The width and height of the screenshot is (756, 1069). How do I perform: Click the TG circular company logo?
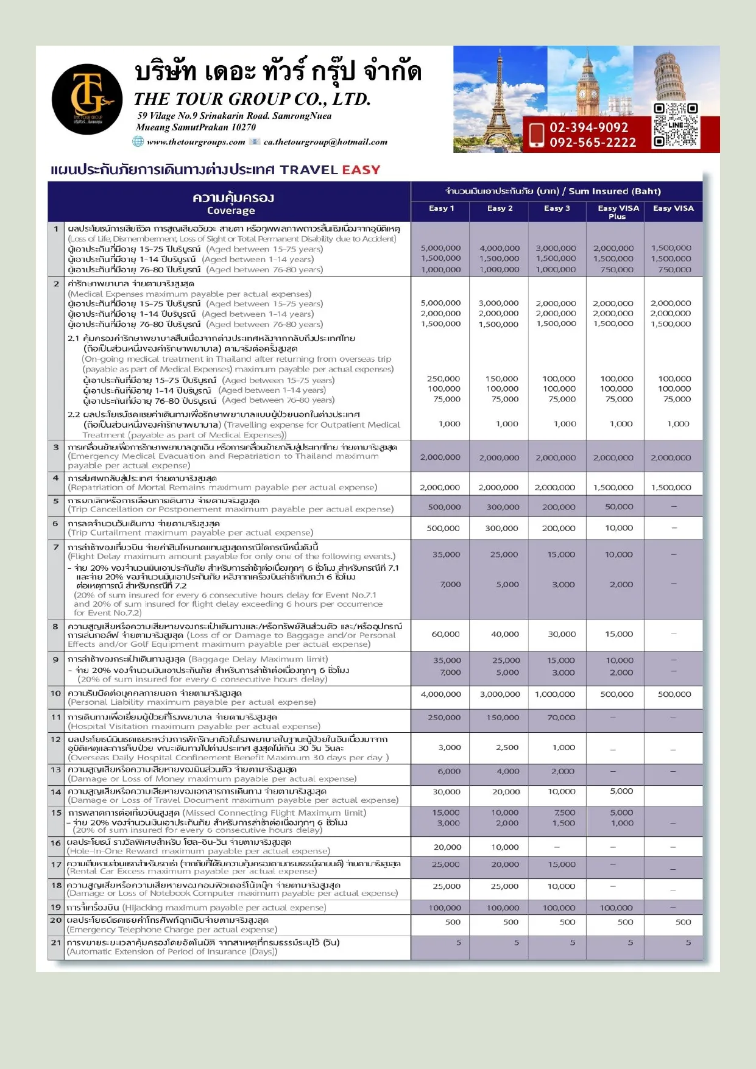(87, 99)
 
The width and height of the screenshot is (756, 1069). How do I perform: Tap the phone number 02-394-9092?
(588, 127)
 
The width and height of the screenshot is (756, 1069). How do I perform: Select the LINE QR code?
(675, 125)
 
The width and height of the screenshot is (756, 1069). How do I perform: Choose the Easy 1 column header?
(441, 208)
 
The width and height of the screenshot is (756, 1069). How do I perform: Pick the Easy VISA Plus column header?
(618, 211)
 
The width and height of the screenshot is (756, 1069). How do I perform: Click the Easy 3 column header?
(557, 208)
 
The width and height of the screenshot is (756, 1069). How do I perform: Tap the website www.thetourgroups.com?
(196, 143)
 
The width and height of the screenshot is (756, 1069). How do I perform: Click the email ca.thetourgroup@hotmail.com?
(325, 143)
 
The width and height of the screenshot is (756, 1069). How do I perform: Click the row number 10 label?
(56, 693)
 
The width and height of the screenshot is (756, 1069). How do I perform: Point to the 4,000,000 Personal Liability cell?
(440, 694)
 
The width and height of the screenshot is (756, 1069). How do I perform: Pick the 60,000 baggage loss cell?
(445, 634)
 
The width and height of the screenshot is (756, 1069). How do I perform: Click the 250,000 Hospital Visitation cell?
(444, 718)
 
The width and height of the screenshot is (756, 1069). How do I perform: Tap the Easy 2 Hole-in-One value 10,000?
(505, 847)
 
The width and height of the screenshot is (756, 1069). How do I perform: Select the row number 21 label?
(56, 942)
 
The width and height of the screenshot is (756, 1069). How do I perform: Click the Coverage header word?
(231, 211)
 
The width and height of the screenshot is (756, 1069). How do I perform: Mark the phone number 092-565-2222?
(593, 143)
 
